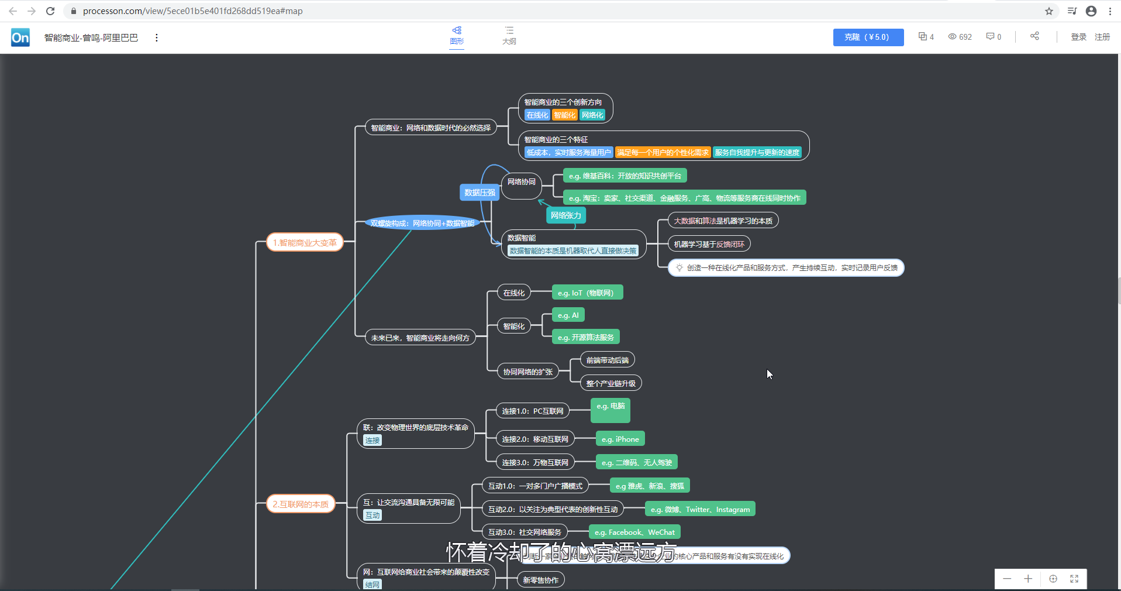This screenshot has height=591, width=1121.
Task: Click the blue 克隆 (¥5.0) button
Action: coord(868,37)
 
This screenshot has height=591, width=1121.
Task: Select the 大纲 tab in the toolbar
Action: coord(509,35)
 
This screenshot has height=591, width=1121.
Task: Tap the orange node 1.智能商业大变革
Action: coord(305,242)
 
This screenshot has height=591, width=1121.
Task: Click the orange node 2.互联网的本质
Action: coord(301,504)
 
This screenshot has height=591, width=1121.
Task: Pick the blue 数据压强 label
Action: coord(480,193)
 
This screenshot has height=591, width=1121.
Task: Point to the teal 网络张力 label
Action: coord(565,215)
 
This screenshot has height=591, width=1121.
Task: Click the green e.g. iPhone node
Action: coord(620,439)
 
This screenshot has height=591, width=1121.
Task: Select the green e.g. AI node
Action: coord(568,315)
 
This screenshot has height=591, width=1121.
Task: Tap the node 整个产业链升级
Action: coord(610,383)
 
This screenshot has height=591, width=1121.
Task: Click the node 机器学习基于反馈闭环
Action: coord(709,244)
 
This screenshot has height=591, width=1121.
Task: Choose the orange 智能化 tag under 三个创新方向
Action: coord(564,115)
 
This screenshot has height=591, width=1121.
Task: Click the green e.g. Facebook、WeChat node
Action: coord(634,532)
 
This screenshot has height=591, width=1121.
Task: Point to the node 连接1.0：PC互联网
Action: coord(532,411)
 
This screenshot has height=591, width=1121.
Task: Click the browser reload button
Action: coord(50,11)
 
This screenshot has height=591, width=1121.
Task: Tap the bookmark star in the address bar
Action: coord(1048,11)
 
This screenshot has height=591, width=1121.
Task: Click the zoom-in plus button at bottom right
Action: coord(1028,579)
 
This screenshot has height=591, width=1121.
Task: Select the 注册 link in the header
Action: coord(1102,37)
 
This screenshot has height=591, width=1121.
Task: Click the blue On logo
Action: coord(20,37)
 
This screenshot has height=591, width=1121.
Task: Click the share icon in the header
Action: coord(1034,36)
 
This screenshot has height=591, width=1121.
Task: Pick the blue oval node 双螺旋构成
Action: coord(422,223)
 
